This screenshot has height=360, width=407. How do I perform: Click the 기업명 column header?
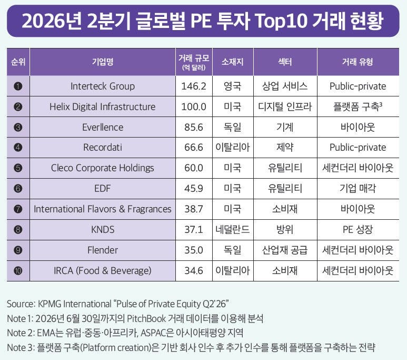(x=103, y=62)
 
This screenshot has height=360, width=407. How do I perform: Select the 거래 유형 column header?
(x=358, y=62)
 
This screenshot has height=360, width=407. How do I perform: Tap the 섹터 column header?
(x=285, y=62)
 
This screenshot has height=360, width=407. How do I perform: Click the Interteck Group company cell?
(x=103, y=86)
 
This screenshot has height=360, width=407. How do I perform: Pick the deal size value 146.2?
(x=194, y=86)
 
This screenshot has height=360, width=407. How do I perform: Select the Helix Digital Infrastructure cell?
(x=103, y=106)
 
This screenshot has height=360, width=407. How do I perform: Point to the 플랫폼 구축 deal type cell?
(x=358, y=106)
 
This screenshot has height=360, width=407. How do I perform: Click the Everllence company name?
(x=103, y=127)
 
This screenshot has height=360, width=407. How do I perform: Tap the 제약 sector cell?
(x=285, y=148)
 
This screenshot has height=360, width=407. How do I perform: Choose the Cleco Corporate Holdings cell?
(x=103, y=168)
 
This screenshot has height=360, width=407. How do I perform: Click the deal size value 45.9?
(x=194, y=189)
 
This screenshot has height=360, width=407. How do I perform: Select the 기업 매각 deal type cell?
(x=358, y=188)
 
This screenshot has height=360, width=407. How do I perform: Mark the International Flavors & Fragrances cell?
(x=103, y=209)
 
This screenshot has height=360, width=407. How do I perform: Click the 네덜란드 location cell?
(x=233, y=229)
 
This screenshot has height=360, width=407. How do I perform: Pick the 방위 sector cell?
(x=285, y=229)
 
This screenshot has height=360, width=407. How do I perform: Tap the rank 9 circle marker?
(x=18, y=250)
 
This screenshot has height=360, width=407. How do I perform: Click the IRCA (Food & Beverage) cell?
(x=103, y=270)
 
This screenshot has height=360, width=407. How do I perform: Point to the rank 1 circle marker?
(x=18, y=86)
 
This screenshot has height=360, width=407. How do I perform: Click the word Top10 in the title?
(x=282, y=21)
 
